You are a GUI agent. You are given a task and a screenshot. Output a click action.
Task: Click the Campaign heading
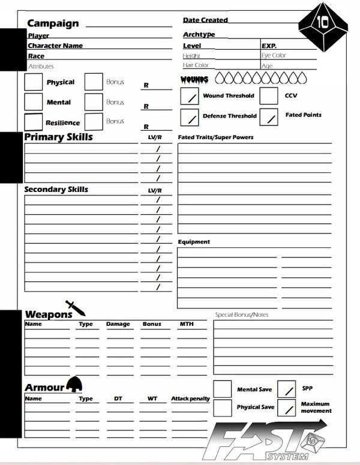pos(53,23)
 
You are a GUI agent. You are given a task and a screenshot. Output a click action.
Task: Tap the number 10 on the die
pos(323,23)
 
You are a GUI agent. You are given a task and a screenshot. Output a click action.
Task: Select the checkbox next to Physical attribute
pos(34,82)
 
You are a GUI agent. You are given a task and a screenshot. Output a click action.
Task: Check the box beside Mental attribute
pos(34,102)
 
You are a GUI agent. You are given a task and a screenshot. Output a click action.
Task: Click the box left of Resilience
pos(34,122)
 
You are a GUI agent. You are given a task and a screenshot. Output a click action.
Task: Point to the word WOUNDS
pos(194,80)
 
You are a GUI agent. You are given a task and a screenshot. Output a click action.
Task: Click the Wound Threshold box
pos(190,97)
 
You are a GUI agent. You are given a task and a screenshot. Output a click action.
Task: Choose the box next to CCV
pos(269,96)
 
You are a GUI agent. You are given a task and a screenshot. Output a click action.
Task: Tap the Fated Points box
pos(269,116)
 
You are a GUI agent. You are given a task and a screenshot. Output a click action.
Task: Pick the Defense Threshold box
pos(190,118)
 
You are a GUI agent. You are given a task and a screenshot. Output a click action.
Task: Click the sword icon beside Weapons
pos(76,308)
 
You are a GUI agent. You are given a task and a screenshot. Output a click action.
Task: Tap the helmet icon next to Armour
pos(74,384)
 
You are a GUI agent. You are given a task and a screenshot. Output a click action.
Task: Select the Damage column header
pos(118,324)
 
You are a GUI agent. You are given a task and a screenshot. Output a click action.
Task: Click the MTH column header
pos(187,324)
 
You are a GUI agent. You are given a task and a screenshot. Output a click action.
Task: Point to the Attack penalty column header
pos(190,398)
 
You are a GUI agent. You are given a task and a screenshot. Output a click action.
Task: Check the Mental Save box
pos(223,389)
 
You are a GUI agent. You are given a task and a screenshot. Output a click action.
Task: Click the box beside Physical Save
pos(223,408)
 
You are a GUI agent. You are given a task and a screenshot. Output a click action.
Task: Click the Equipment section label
pos(194,242)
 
